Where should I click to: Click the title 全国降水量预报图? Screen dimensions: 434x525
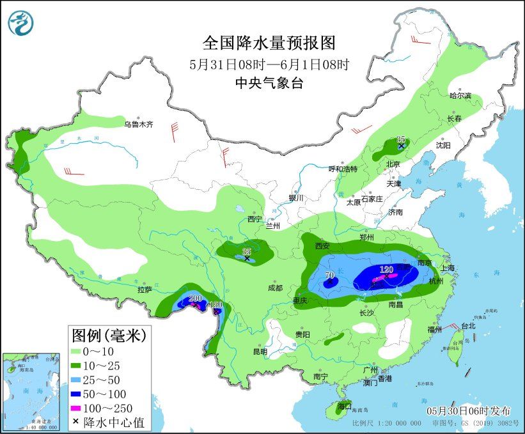(x=269, y=43)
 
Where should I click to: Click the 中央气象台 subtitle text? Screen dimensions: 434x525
(x=269, y=82)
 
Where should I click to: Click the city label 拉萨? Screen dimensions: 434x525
(x=144, y=290)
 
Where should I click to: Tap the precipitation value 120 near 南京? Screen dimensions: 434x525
(x=386, y=270)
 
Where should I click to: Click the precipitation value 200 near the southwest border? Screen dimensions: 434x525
(x=195, y=298)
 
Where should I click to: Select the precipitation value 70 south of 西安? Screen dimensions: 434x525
(x=330, y=276)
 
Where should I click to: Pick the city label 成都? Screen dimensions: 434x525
(x=276, y=288)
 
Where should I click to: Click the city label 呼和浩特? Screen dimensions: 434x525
(x=343, y=169)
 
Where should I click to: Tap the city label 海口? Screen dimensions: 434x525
(x=345, y=406)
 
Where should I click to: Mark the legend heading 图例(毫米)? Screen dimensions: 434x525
(x=108, y=334)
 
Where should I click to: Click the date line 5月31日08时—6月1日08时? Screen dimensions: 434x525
(x=269, y=64)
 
